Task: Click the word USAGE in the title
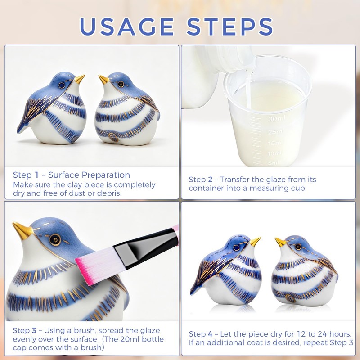coord(127,27)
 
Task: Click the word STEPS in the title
coord(230,27)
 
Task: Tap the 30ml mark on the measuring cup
coord(277,119)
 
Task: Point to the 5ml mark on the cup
coord(274,163)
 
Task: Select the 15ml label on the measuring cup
coord(275,143)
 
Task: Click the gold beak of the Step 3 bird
coord(22,230)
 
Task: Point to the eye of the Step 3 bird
coord(55,240)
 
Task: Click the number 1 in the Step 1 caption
coord(36,175)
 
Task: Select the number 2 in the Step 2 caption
coord(210,180)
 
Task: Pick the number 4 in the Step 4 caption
coord(210,334)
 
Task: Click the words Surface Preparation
coord(89,175)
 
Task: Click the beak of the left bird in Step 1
coord(80,78)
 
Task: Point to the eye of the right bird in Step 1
coord(121,84)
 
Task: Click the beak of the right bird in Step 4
coord(280,242)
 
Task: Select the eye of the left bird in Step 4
coord(237,248)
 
